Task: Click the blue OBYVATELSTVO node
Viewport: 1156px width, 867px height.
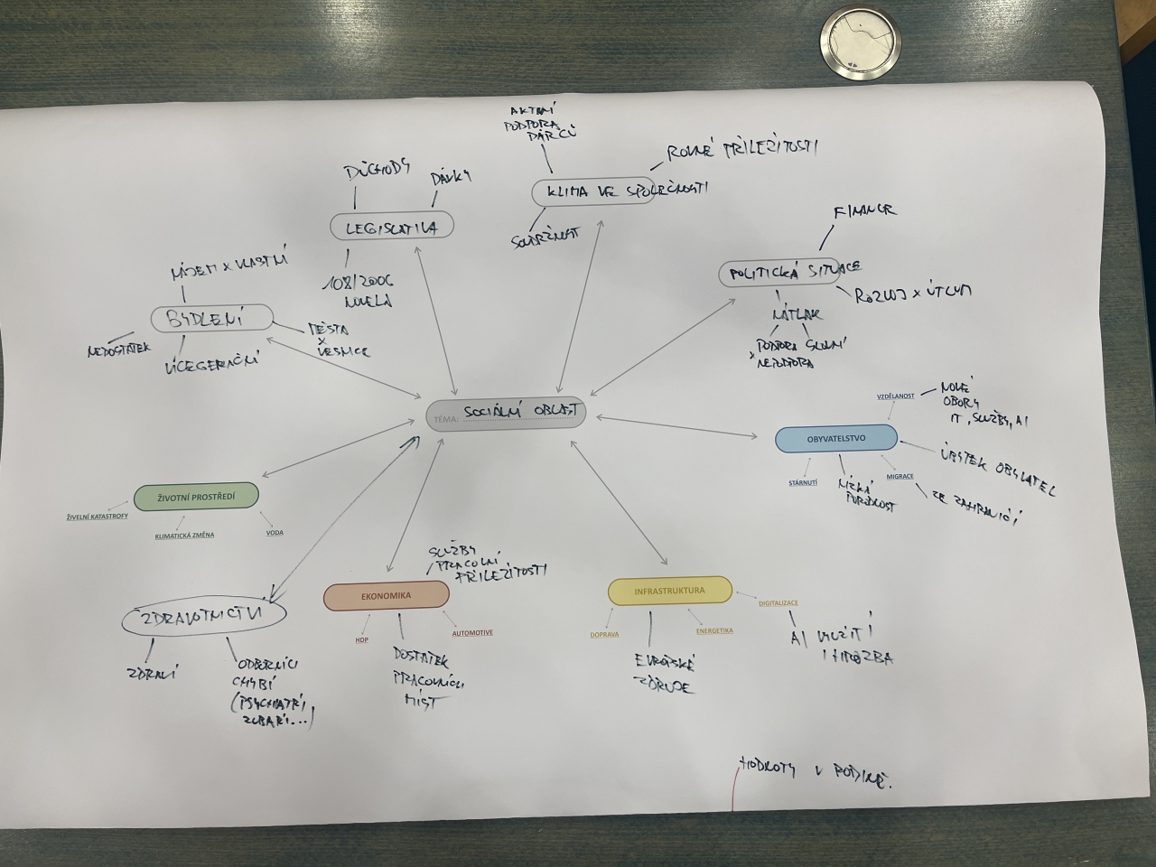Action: pos(836,439)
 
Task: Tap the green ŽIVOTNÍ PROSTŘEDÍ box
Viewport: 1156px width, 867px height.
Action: pos(196,496)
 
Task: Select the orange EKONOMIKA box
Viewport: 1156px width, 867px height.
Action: pos(387,595)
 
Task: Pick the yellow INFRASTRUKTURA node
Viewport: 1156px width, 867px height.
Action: pos(669,591)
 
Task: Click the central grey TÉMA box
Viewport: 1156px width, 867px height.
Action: pos(506,414)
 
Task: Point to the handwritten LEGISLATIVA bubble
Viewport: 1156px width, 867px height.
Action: pos(391,226)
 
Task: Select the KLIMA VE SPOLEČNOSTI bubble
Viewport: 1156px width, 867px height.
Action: pos(592,191)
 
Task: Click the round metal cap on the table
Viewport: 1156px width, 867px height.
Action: pos(860,45)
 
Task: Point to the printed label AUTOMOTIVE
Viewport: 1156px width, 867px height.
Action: pos(472,633)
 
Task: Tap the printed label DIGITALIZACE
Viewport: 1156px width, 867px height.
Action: pos(778,602)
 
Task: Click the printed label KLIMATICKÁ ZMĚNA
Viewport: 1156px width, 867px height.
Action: pos(184,536)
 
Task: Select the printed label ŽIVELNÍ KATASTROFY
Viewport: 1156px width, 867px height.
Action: pos(98,517)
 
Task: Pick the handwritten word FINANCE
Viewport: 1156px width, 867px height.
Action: pos(864,210)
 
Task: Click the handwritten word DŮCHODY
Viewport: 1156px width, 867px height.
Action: pos(378,168)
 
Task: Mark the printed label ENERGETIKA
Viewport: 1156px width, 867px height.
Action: pos(714,631)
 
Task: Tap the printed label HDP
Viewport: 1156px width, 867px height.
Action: pos(362,639)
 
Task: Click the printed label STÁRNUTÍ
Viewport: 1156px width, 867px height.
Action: pos(802,483)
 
